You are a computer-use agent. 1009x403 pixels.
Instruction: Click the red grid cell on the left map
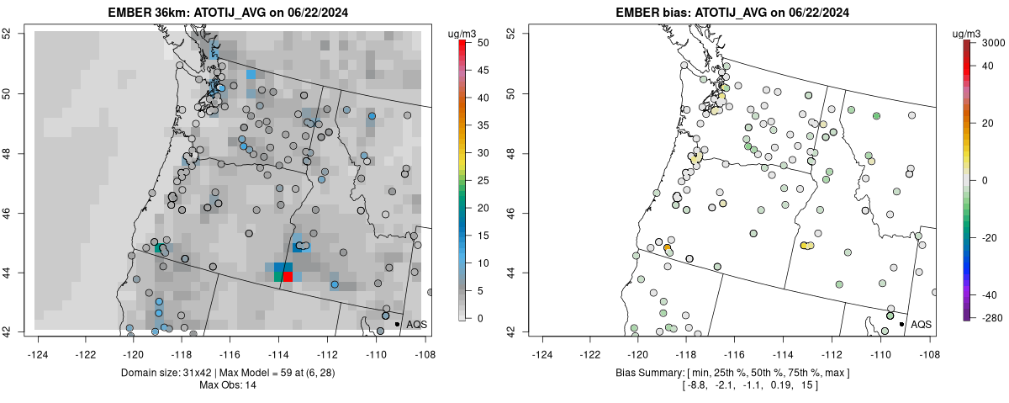pos(288,277)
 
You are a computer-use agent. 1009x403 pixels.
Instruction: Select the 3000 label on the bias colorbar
pos(994,42)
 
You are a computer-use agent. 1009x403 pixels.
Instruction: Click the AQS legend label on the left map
pos(416,324)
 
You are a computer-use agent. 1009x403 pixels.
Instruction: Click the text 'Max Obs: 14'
pos(226,384)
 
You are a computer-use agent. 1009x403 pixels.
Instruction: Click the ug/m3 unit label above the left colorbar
pos(463,33)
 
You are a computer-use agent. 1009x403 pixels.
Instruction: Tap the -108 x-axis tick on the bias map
pos(929,342)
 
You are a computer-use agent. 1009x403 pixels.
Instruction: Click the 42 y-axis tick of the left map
pos(17,331)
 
